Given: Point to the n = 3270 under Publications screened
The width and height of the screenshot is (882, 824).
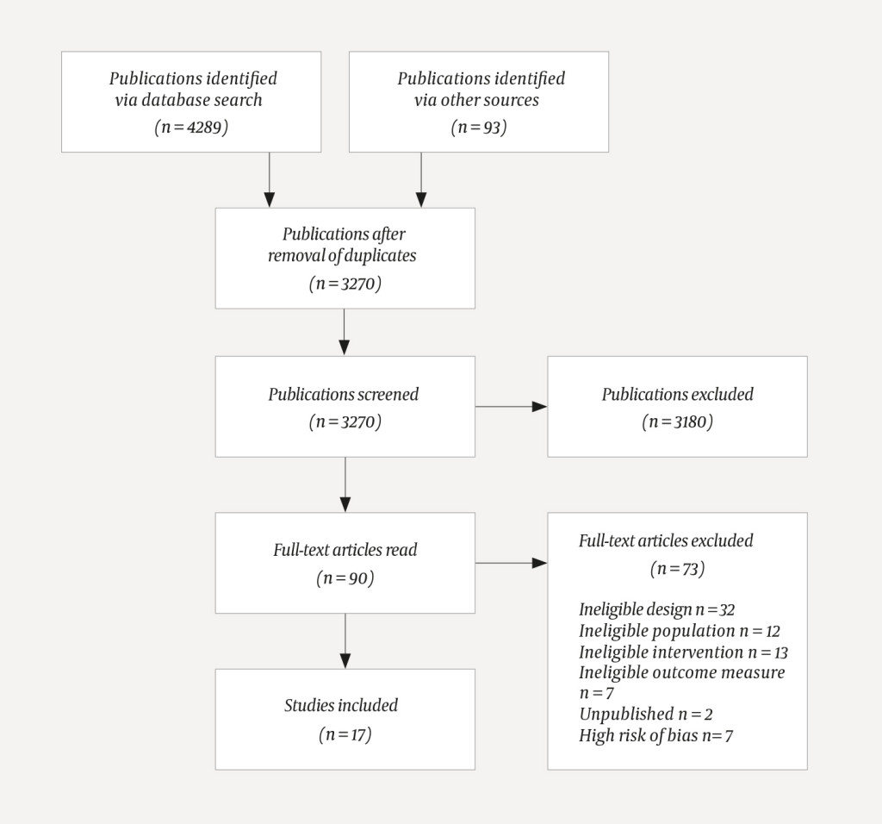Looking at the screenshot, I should [x=345, y=421].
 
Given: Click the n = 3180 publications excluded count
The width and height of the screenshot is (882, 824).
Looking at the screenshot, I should [x=677, y=421].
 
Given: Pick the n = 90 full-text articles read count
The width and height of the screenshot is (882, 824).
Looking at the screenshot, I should [x=345, y=577].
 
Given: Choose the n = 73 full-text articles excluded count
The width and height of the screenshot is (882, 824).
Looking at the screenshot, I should [x=677, y=568].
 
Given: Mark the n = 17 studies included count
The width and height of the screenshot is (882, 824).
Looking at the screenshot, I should [x=345, y=734].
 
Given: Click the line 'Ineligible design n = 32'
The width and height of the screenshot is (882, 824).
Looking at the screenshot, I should [x=656, y=609].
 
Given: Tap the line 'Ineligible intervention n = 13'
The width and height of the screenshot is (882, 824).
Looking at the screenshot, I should [x=683, y=652].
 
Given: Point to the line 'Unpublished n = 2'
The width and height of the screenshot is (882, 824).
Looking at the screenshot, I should [x=645, y=714].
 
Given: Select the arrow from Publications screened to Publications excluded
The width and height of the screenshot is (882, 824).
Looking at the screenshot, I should [x=511, y=406].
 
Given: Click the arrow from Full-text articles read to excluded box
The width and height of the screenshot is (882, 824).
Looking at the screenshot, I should [x=511, y=563].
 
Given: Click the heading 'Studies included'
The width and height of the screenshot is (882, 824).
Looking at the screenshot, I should [x=341, y=705].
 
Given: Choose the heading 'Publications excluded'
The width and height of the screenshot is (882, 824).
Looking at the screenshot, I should [x=677, y=394].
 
